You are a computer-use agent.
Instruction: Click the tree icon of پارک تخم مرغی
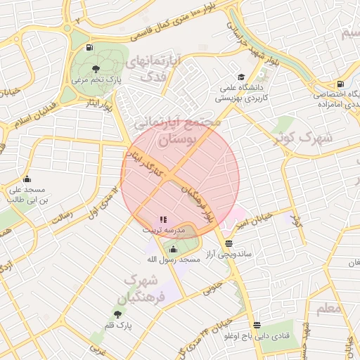tap(96, 68)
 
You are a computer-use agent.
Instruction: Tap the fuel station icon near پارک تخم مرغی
tap(88, 48)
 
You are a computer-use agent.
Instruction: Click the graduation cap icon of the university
tap(241, 77)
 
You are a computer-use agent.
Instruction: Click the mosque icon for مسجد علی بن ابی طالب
tap(27, 179)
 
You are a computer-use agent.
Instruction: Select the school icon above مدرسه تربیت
tap(163, 219)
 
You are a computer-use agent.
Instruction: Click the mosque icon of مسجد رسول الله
tap(173, 248)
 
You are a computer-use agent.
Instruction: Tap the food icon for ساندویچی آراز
tap(228, 243)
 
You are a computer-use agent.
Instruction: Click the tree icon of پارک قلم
tap(117, 314)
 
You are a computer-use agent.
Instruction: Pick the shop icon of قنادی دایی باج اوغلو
tap(257, 325)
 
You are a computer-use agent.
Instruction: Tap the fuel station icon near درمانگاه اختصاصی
tap(340, 84)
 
